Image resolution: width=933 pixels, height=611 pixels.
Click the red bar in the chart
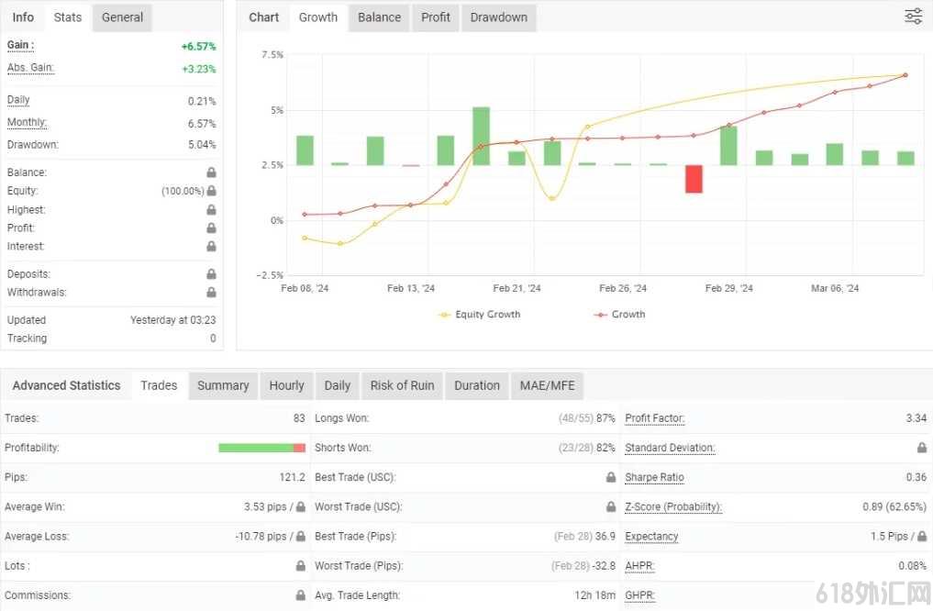click(x=694, y=179)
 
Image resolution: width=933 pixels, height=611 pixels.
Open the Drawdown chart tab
click(x=499, y=17)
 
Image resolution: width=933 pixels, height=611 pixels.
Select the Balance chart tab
click(x=379, y=17)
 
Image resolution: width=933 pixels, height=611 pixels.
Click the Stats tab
click(x=67, y=17)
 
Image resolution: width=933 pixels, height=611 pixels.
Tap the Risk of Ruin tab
click(x=402, y=385)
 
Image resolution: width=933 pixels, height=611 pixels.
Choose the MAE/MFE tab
click(x=548, y=385)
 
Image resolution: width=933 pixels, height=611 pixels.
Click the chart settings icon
click(x=914, y=17)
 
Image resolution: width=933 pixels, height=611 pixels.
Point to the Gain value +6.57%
click(x=199, y=47)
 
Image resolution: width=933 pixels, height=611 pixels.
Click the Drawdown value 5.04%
click(x=202, y=145)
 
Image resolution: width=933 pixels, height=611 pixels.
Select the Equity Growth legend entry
click(x=480, y=314)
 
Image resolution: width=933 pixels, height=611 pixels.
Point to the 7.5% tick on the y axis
click(x=272, y=55)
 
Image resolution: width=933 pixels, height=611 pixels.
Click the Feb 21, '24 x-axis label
click(x=516, y=289)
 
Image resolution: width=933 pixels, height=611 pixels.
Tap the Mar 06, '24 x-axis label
click(x=835, y=289)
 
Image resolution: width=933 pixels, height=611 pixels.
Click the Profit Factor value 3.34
click(x=916, y=418)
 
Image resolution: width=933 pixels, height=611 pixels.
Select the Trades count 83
click(x=299, y=418)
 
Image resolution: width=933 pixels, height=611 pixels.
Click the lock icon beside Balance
click(x=211, y=172)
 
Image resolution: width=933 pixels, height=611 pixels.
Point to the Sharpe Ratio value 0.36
click(x=916, y=477)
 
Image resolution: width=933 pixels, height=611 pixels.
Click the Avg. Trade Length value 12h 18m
click(x=595, y=594)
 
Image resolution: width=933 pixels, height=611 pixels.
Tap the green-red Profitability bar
click(x=261, y=448)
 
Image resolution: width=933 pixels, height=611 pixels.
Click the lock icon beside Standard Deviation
click(x=922, y=448)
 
